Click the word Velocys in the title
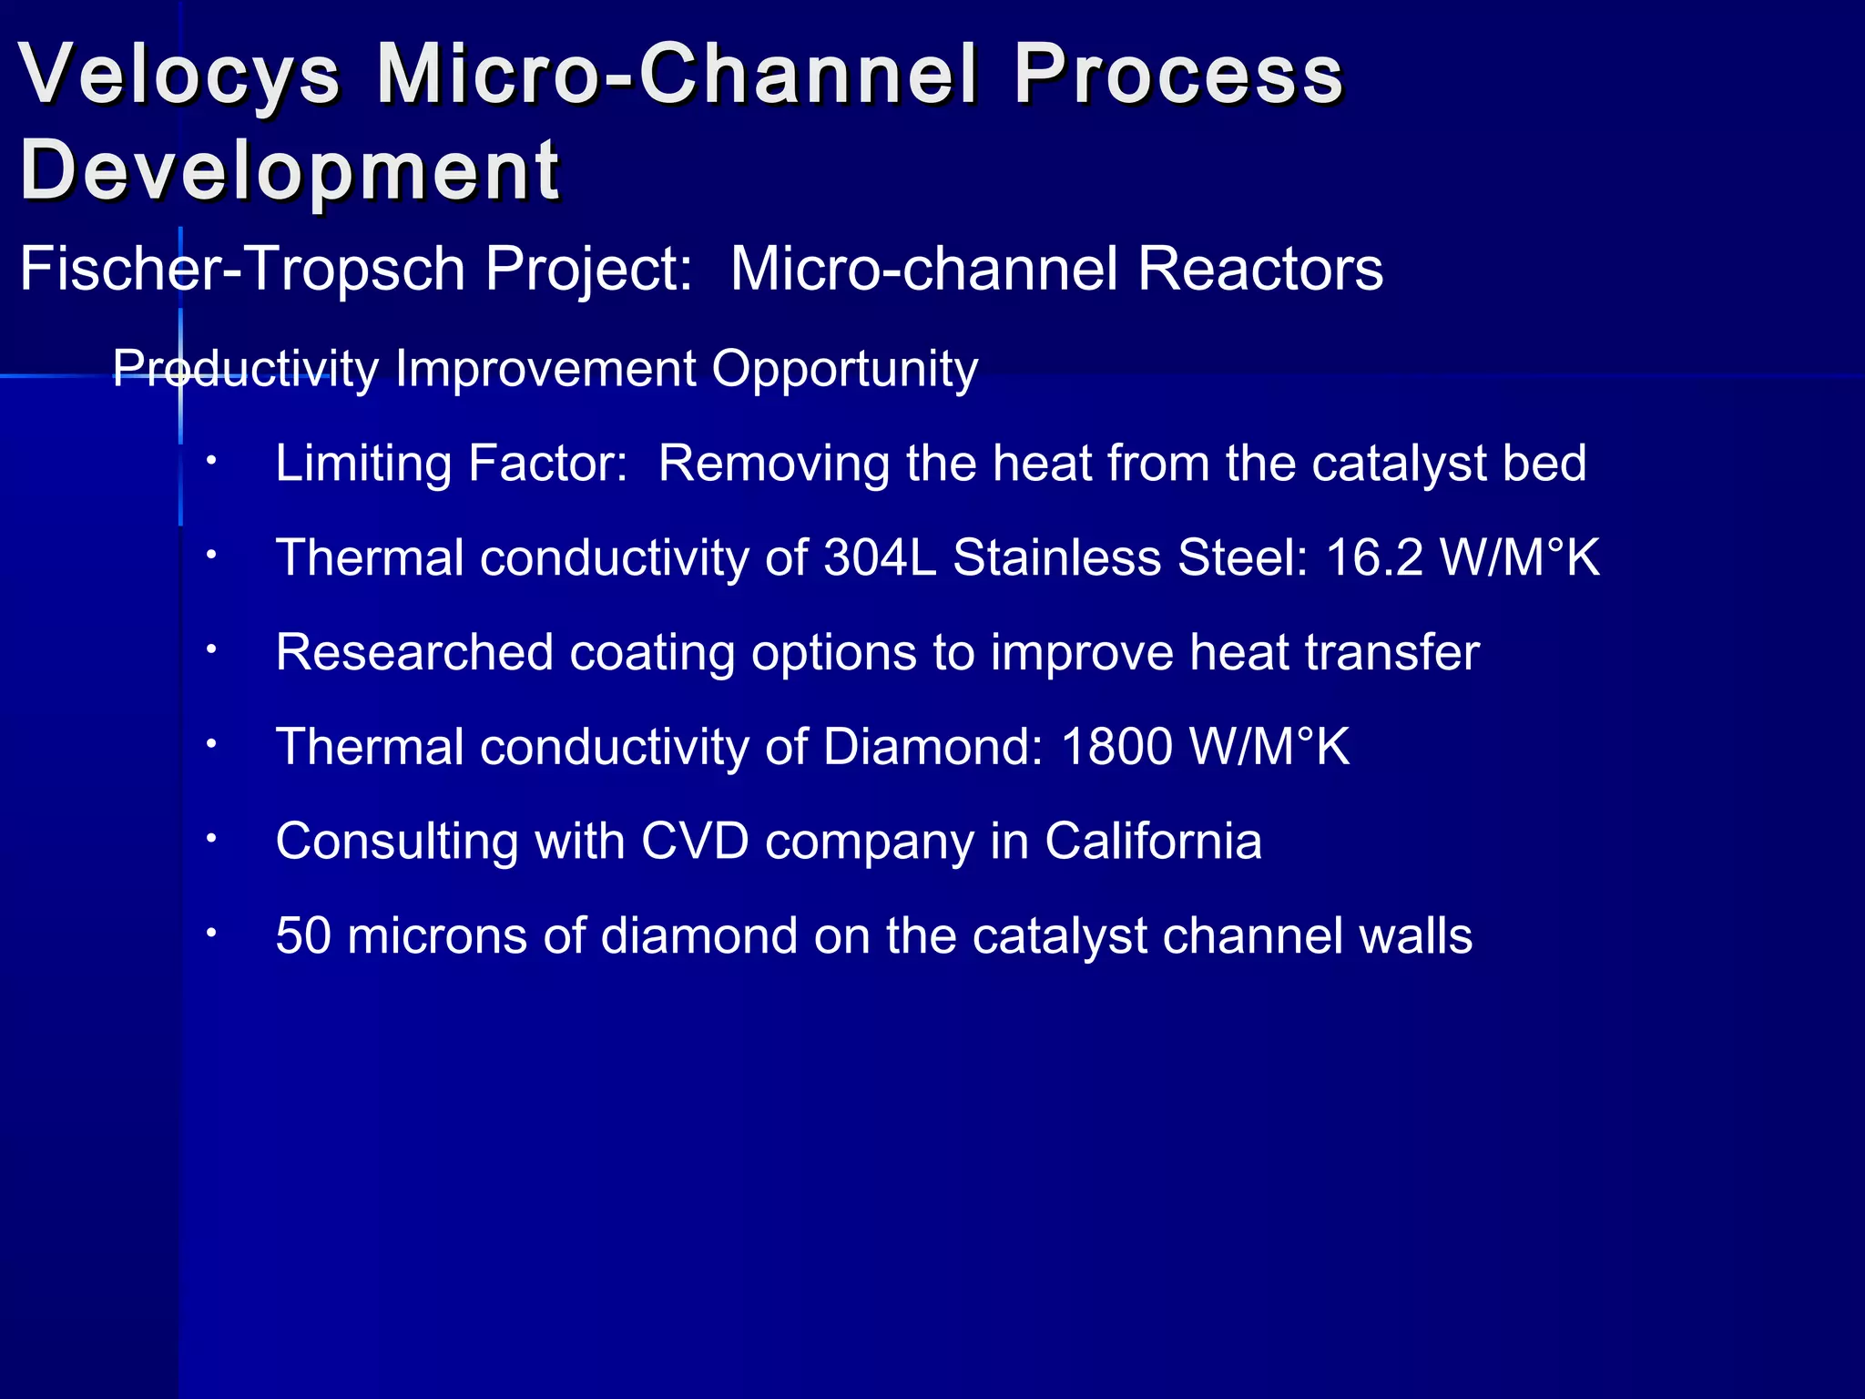179,75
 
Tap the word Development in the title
290,170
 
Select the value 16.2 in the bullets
1373,557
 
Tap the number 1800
1116,747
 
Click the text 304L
880,557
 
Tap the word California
1153,841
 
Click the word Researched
414,652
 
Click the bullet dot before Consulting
210,837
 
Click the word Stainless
1056,557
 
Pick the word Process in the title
1178,75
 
